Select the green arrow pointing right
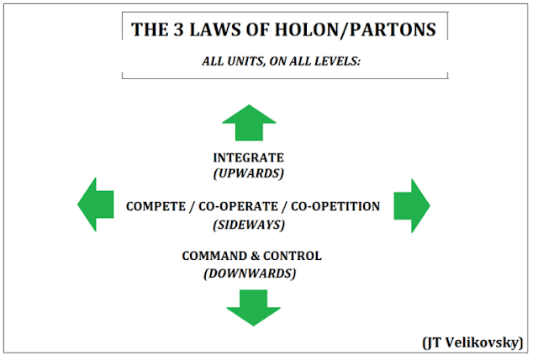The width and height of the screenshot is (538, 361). [412, 204]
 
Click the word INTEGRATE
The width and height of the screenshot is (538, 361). [248, 157]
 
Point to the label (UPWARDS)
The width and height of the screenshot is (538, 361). [248, 173]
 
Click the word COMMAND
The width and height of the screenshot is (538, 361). [212, 256]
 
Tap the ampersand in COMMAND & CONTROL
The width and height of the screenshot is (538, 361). [251, 256]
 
